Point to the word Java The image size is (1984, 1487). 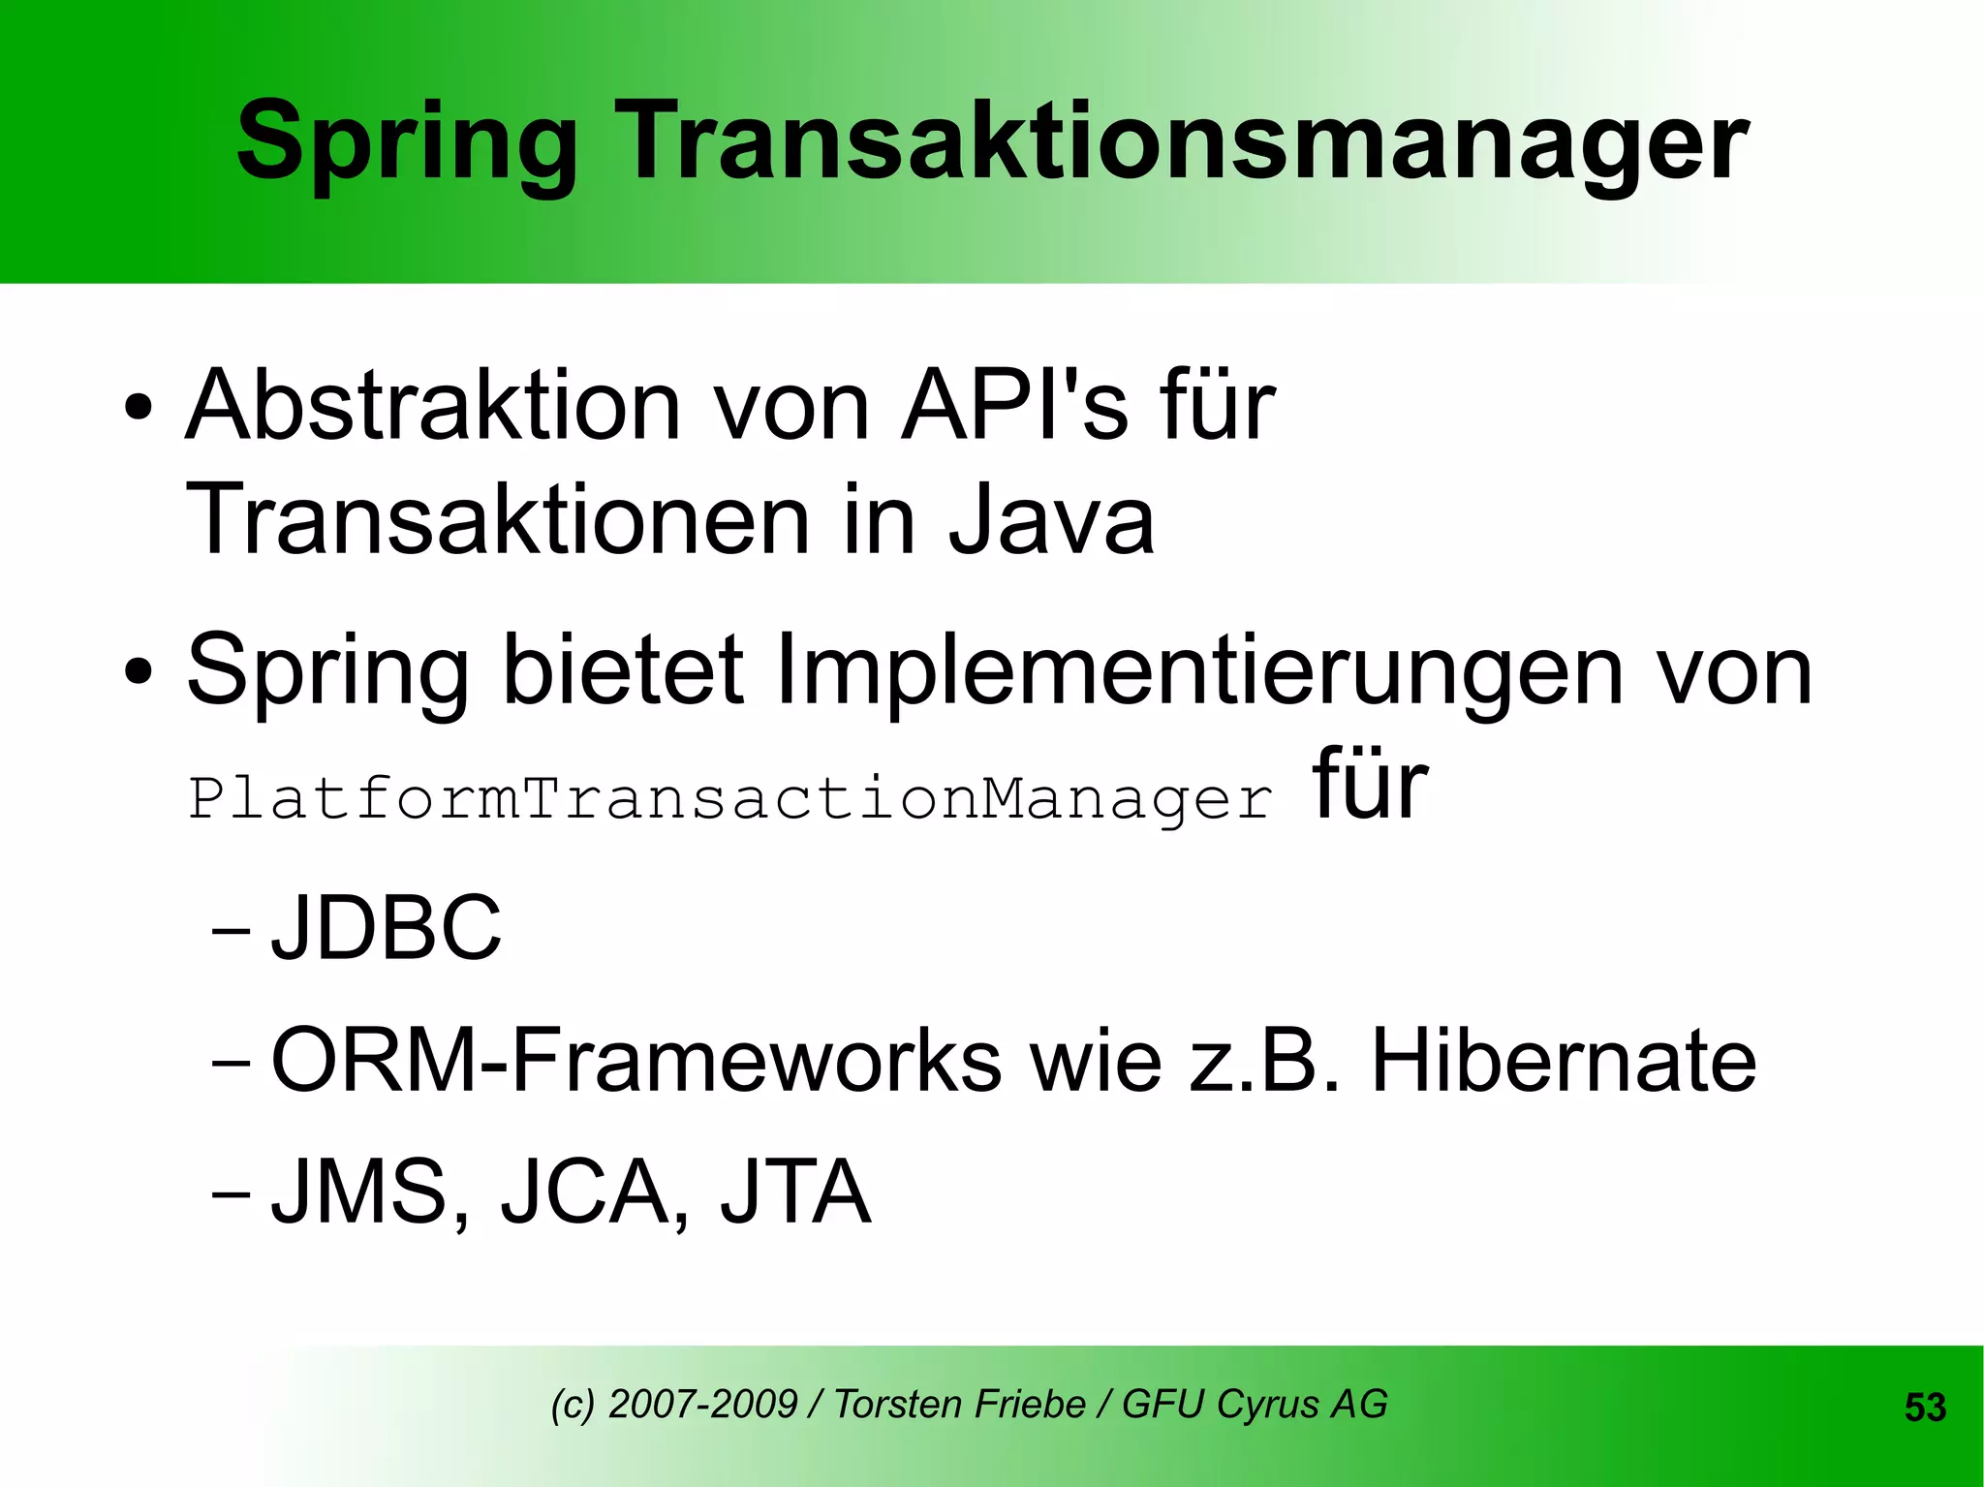pos(1051,520)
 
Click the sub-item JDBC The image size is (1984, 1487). pos(387,928)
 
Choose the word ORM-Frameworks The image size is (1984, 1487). pos(635,1061)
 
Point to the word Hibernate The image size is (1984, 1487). pos(1563,1061)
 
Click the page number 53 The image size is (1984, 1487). pos(1925,1408)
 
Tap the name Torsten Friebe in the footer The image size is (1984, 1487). pos(959,1404)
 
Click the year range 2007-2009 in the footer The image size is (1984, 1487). pos(702,1404)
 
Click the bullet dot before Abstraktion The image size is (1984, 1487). pos(138,408)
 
